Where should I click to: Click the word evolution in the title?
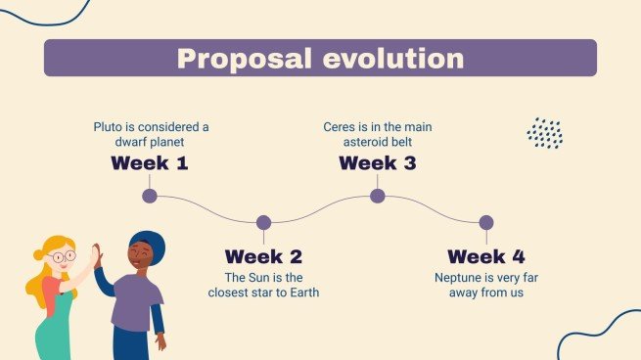tap(391, 59)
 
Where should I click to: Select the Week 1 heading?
tap(150, 163)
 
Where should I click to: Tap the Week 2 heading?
tap(263, 257)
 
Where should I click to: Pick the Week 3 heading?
tap(377, 163)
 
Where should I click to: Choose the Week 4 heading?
tap(486, 257)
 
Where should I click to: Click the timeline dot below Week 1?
tap(150, 196)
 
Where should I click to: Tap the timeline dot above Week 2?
tap(263, 223)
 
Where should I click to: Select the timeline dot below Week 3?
tap(377, 196)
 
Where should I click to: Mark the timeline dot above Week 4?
tap(486, 223)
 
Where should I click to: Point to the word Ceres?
tap(340, 127)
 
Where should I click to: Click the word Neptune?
tap(459, 277)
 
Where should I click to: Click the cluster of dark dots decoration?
tap(544, 132)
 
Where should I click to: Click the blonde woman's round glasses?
tap(61, 257)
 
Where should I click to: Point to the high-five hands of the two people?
tap(95, 257)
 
